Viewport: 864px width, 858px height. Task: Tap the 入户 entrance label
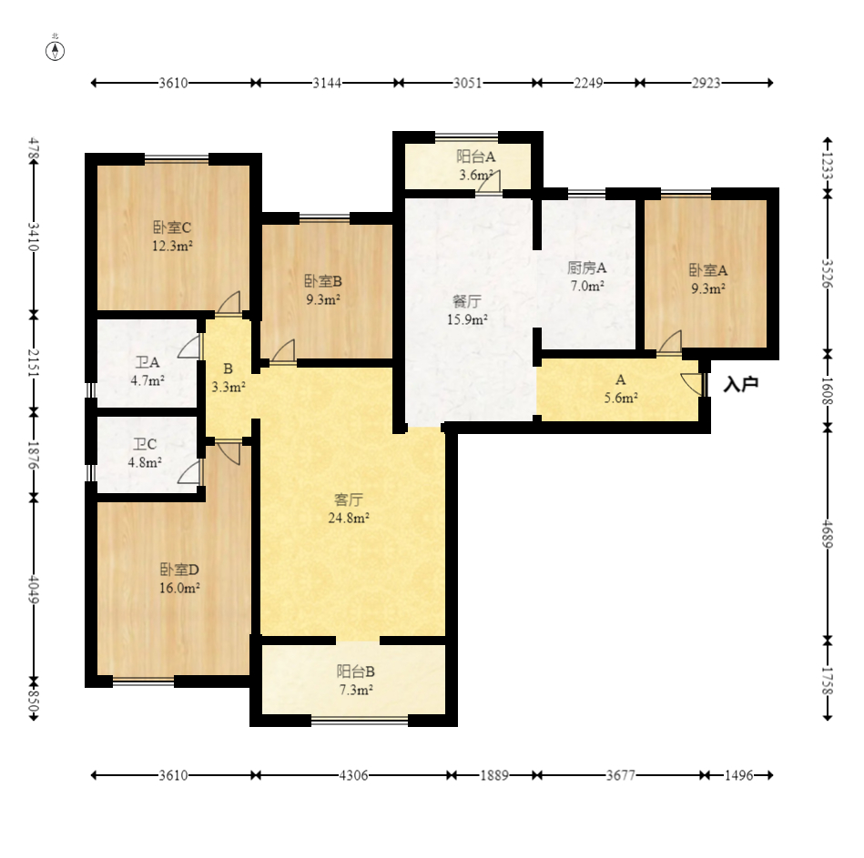click(740, 384)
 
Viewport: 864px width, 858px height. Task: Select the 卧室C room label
click(172, 227)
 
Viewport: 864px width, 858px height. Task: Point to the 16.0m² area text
click(179, 588)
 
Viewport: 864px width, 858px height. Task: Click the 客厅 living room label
click(349, 500)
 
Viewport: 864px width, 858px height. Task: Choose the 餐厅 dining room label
click(467, 301)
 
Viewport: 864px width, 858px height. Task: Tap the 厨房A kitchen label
click(587, 267)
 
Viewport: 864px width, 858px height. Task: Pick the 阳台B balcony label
click(356, 671)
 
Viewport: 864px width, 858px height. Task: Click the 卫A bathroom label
click(147, 362)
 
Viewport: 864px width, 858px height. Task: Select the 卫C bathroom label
click(145, 444)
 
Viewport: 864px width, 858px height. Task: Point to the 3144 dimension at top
click(327, 83)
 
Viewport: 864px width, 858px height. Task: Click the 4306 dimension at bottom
click(353, 775)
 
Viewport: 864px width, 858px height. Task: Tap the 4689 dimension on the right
click(827, 534)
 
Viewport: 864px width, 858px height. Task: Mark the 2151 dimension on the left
click(34, 363)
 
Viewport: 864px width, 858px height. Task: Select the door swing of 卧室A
click(671, 341)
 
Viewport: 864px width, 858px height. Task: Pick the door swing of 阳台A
click(489, 182)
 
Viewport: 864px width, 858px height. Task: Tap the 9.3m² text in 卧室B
click(323, 300)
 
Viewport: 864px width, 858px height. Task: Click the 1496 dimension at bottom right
click(738, 775)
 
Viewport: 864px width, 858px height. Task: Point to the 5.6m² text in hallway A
click(621, 399)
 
